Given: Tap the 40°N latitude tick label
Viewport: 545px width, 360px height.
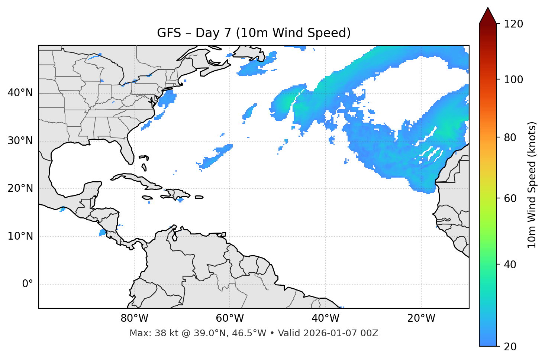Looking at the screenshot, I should [x=20, y=93].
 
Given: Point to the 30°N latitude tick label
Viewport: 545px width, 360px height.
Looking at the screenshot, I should [x=20, y=141].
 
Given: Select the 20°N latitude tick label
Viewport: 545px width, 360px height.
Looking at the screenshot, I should [x=20, y=188].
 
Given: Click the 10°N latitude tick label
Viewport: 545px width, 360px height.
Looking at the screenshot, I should [x=20, y=236].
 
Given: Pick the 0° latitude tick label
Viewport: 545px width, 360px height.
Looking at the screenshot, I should [x=28, y=284].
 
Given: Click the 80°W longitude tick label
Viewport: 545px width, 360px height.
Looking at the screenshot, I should [x=134, y=318].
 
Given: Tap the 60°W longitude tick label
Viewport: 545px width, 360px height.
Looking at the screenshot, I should [x=230, y=318].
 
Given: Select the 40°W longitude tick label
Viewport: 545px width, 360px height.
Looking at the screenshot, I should [x=325, y=318].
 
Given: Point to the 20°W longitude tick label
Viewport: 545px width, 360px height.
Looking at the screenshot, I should [x=421, y=318].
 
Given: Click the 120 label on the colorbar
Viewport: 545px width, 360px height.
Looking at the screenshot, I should [x=513, y=24].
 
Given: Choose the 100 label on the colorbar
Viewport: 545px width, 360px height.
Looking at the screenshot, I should [x=513, y=80].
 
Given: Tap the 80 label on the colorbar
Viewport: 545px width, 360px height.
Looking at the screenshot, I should [x=510, y=137].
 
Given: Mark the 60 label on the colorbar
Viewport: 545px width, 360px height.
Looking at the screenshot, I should [x=510, y=198].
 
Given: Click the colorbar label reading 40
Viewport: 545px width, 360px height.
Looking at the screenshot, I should [x=510, y=265].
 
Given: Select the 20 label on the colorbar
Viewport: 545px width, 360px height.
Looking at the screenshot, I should [x=510, y=347].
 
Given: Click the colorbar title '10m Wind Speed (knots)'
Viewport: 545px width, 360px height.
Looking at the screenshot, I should [x=532, y=185].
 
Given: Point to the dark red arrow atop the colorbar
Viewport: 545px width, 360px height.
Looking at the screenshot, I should [x=488, y=16].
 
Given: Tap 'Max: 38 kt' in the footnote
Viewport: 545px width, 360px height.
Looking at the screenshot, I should [x=146, y=333].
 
